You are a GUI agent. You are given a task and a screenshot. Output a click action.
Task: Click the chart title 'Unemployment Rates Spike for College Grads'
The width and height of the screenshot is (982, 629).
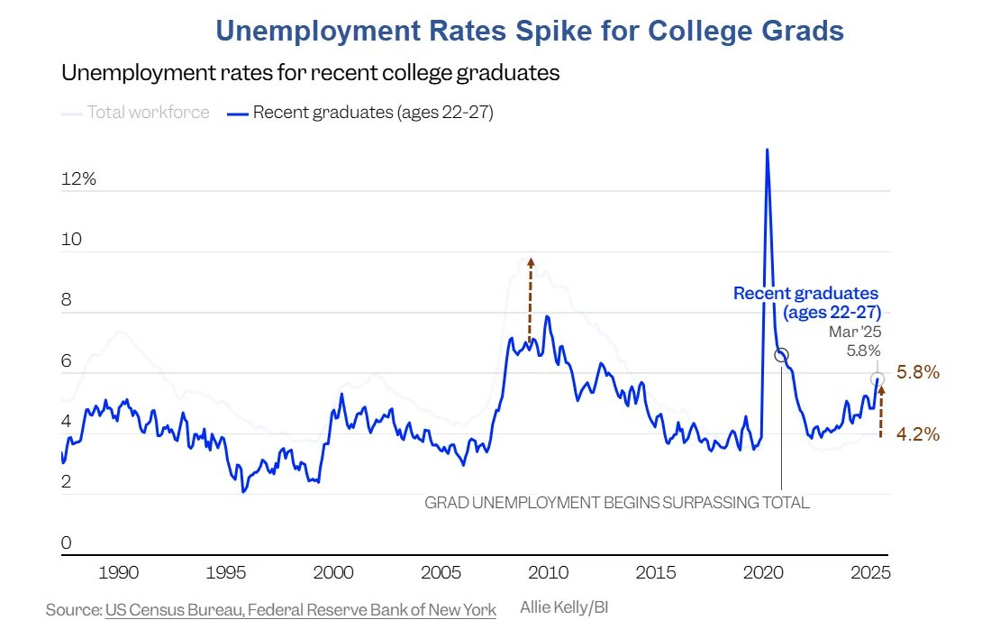pos(530,31)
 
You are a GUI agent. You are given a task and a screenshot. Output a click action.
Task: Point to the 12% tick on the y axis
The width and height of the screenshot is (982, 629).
pos(78,179)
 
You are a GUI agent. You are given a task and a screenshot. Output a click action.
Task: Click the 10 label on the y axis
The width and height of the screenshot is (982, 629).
pos(71,240)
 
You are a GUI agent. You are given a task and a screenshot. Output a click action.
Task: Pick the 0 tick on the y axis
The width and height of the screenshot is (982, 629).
pos(66,542)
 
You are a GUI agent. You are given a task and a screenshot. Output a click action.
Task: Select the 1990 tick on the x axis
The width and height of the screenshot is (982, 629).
pos(118,573)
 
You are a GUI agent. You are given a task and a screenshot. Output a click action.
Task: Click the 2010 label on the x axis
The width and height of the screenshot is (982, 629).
pos(549,573)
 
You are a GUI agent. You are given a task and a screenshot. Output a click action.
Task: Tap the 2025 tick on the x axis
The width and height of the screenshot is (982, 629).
pos(871,573)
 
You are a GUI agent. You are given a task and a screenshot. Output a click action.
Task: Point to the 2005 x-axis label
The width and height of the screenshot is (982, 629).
pos(441,573)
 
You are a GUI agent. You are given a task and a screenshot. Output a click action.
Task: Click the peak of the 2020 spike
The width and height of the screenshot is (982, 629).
pos(767,150)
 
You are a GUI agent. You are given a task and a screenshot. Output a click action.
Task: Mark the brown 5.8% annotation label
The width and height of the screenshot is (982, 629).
pos(919,372)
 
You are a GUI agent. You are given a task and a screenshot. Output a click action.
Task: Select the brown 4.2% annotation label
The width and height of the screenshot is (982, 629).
pos(919,434)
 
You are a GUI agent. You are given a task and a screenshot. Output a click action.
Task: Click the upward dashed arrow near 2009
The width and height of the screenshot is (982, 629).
pos(531,297)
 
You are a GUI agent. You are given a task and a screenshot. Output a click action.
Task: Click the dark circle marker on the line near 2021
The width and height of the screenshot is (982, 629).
pos(781,355)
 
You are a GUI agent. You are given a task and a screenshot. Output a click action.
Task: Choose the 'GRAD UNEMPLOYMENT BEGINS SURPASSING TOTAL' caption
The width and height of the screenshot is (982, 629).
pos(617,503)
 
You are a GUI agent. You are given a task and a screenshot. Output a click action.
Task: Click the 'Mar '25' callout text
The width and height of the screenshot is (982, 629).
pos(855,332)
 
